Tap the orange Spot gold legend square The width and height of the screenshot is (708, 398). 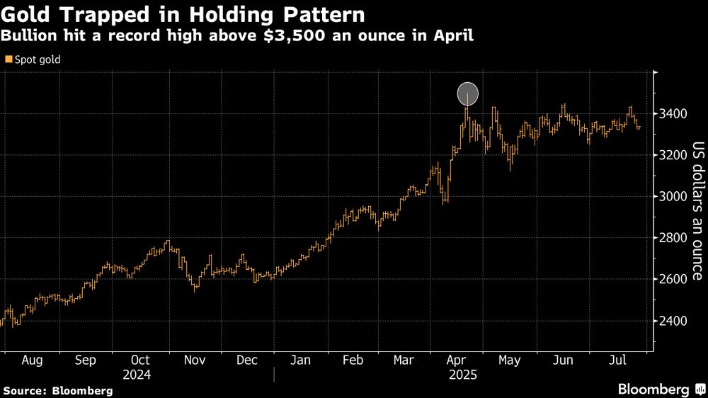[x=8, y=60]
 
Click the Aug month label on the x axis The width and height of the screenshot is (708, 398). [x=33, y=360]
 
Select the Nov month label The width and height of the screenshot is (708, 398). [x=195, y=360]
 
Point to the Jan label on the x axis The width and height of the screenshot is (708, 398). [x=300, y=360]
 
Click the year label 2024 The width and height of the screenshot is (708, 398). [x=137, y=374]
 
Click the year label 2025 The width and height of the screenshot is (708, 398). [x=463, y=374]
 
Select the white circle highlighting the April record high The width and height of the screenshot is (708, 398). [x=468, y=93]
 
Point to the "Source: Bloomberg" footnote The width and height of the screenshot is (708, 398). [x=58, y=390]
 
